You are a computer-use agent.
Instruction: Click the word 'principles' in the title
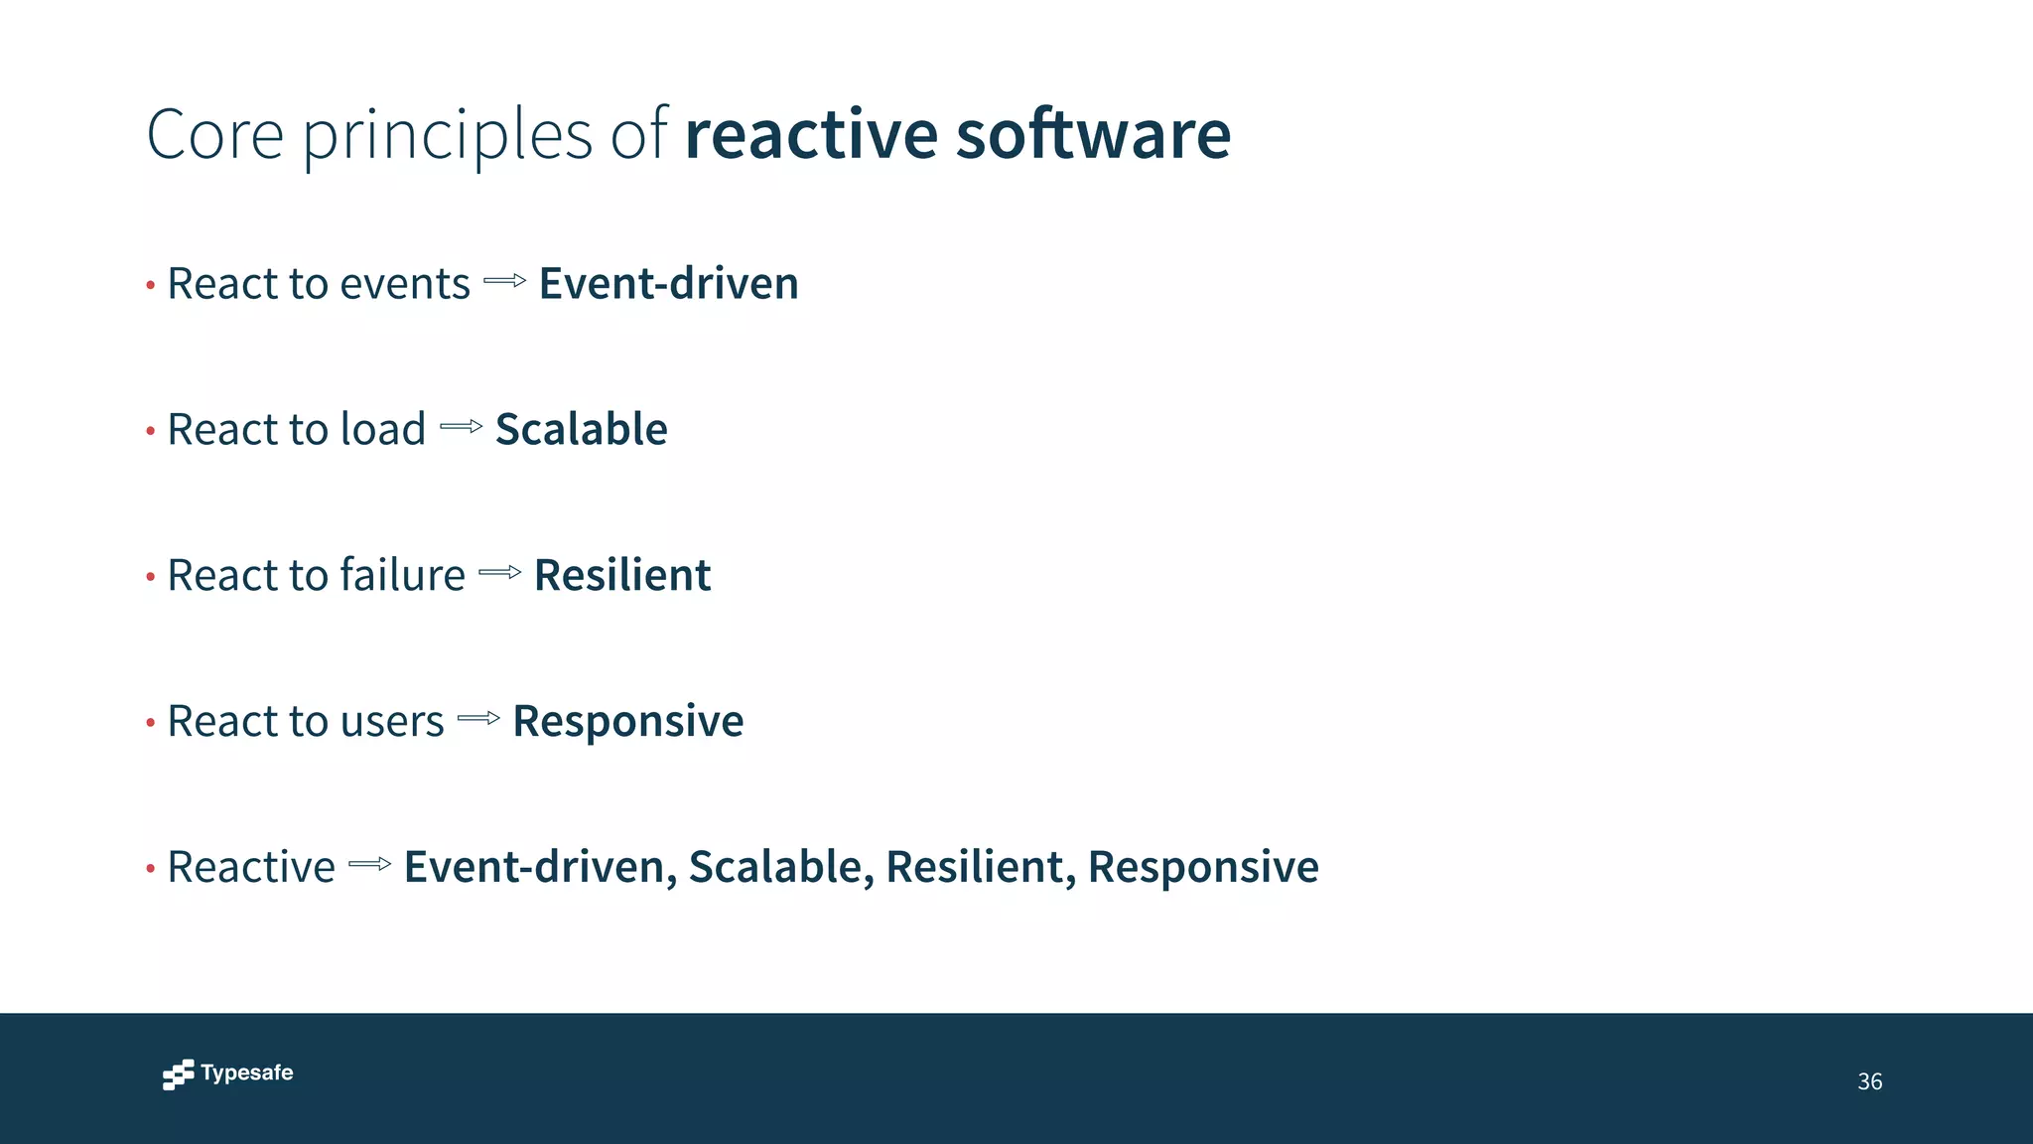(x=447, y=137)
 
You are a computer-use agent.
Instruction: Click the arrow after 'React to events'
(x=504, y=282)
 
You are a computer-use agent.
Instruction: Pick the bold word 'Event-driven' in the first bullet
(x=668, y=284)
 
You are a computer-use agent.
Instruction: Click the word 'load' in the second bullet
(x=382, y=429)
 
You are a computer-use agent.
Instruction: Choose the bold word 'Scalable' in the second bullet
(x=581, y=429)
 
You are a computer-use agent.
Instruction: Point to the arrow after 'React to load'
(x=461, y=427)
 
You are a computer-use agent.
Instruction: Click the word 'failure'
(x=402, y=575)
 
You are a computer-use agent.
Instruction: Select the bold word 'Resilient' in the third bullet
(x=622, y=575)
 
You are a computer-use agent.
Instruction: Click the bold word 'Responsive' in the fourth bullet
(x=627, y=721)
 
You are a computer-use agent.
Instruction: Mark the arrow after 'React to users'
(x=478, y=718)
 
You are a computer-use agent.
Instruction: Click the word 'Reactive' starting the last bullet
(x=251, y=867)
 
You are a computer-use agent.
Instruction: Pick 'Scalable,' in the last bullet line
(x=781, y=867)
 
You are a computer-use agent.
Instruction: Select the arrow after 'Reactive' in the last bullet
(x=370, y=864)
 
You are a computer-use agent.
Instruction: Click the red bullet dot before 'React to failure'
(x=151, y=577)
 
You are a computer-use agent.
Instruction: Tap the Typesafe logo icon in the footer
(x=178, y=1074)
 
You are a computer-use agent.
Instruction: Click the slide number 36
(x=1869, y=1081)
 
